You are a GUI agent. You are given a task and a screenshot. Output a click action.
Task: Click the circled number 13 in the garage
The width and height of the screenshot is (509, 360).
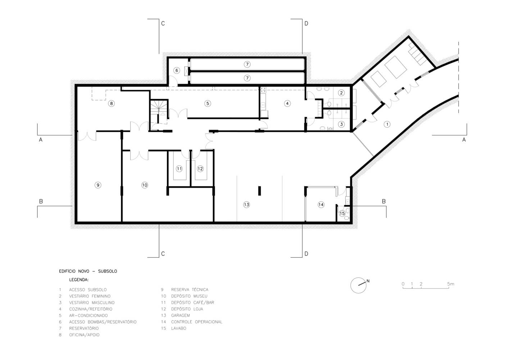(246, 205)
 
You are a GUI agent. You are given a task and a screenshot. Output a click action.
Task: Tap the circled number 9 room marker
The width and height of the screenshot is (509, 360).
(98, 185)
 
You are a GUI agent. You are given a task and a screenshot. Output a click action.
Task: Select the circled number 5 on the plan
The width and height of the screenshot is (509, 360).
(208, 103)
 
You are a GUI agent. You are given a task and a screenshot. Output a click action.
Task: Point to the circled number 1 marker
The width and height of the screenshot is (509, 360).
(387, 124)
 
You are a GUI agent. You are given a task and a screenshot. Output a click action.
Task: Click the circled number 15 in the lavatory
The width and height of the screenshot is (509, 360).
(342, 213)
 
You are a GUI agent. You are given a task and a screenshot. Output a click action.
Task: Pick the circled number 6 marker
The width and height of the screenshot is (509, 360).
(177, 71)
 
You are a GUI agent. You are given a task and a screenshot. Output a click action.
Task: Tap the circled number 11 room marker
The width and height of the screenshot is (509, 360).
(179, 169)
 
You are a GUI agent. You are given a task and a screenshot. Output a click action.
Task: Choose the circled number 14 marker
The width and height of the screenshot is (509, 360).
(321, 205)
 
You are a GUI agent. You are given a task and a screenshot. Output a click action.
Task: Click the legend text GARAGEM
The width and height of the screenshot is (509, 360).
(181, 315)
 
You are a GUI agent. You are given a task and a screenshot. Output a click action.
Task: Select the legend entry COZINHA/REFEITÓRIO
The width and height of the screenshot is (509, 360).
(91, 309)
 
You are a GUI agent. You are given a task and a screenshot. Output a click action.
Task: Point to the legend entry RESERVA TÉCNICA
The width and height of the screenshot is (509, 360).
(190, 289)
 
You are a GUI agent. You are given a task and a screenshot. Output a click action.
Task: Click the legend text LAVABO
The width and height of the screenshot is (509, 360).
(179, 328)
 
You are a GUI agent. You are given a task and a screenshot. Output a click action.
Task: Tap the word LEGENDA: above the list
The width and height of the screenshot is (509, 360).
(79, 280)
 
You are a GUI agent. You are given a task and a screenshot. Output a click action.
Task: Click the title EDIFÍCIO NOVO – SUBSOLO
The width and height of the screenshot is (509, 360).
(88, 271)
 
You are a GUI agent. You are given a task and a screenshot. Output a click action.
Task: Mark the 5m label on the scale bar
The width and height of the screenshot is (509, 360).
(451, 284)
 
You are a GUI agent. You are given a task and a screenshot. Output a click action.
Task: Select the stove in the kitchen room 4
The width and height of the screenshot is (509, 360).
(263, 90)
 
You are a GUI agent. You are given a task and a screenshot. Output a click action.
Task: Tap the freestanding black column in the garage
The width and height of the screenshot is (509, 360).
(259, 191)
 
